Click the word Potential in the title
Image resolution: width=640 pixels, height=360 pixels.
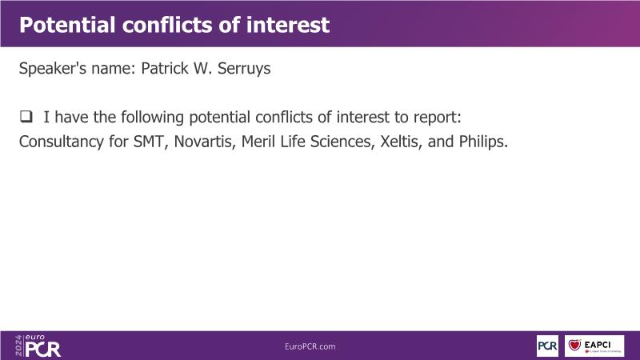67,25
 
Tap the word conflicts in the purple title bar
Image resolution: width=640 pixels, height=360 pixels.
166,25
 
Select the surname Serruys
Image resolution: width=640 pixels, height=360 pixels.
244,69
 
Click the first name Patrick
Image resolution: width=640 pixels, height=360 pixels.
165,68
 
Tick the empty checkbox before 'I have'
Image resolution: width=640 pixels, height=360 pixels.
26,117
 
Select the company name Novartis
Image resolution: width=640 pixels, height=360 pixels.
205,142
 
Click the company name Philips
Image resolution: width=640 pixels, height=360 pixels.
483,142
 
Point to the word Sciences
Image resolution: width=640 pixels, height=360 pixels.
342,142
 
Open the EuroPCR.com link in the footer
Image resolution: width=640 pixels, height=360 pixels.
310,346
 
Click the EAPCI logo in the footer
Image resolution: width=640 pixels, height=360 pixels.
594,346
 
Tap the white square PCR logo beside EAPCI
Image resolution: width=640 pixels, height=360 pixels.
547,346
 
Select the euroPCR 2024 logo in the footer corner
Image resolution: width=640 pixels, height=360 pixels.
38,346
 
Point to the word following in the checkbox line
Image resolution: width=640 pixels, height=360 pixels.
152,118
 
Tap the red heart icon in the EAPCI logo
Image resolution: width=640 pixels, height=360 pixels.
574,345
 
